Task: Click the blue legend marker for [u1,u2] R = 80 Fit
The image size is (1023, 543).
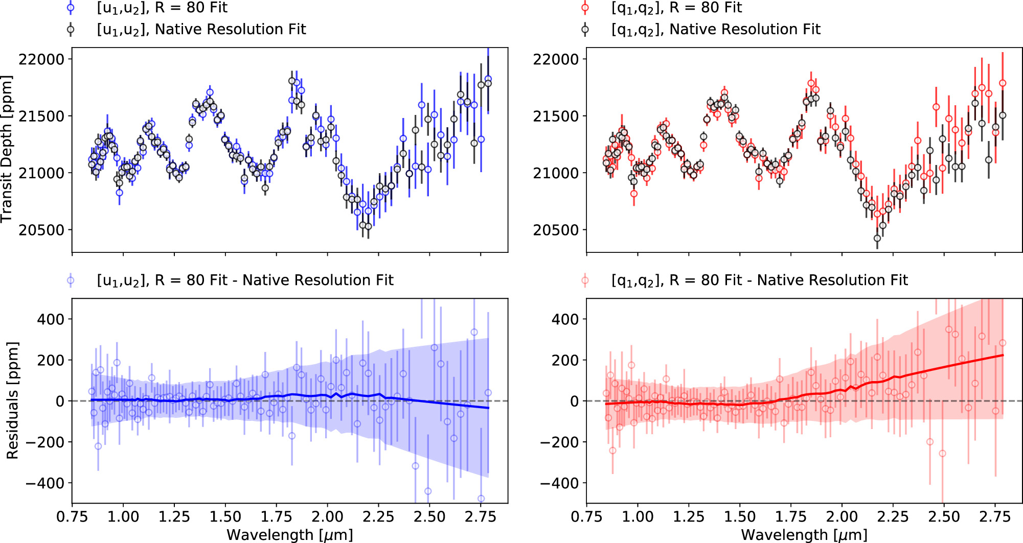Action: point(71,8)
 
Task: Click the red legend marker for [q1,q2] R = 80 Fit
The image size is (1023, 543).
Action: point(585,8)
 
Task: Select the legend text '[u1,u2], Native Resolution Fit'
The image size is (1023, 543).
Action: point(201,30)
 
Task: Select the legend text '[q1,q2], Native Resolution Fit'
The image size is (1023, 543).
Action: point(716,30)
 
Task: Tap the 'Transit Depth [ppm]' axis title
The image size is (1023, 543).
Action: point(7,149)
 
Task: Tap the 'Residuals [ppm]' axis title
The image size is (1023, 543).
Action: point(12,401)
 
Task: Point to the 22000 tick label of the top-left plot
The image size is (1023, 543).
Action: point(41,59)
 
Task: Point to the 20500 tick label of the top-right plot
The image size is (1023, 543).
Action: point(556,230)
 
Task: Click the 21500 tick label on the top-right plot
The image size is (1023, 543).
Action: point(556,116)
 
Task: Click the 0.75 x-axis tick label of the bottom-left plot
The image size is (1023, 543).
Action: point(72,517)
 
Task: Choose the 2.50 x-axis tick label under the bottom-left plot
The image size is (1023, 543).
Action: point(429,517)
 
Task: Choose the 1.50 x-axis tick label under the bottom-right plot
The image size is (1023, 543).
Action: point(739,517)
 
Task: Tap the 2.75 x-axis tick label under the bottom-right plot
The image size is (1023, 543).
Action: point(995,517)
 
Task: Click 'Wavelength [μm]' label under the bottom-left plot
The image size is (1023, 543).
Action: point(289,535)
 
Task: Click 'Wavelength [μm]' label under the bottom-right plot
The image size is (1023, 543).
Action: point(804,535)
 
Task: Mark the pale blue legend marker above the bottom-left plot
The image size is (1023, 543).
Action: point(71,280)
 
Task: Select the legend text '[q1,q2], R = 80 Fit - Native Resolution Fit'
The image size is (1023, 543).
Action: point(759,280)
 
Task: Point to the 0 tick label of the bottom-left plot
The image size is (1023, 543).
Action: point(60,402)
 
